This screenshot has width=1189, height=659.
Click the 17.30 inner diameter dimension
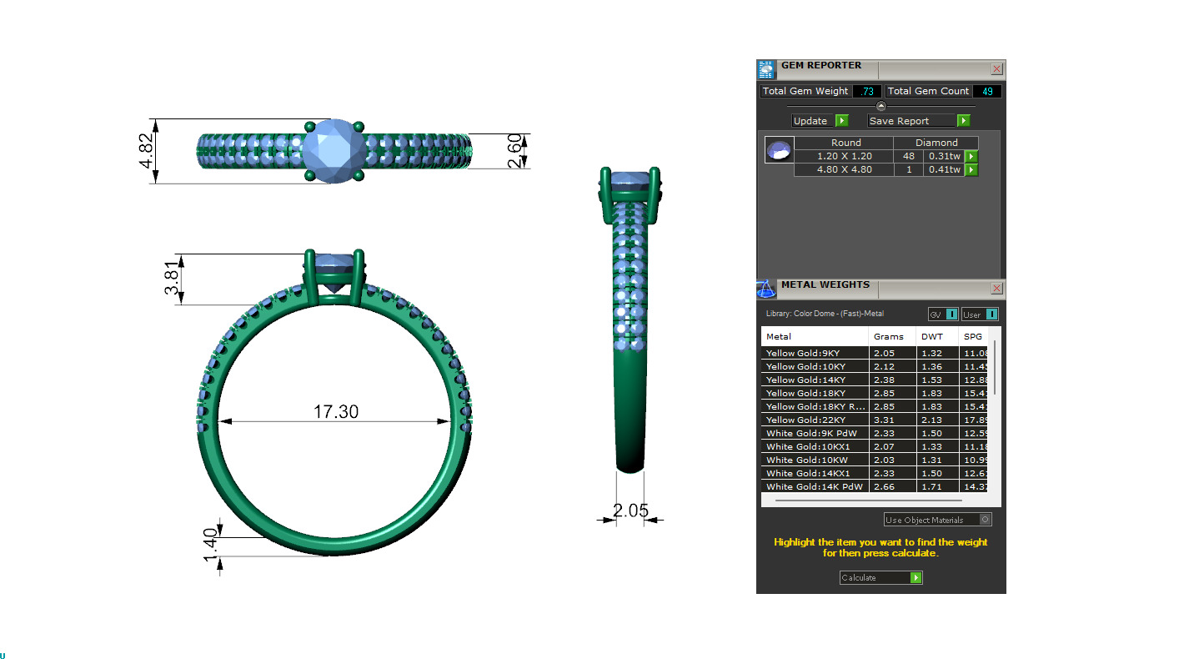pyautogui.click(x=336, y=411)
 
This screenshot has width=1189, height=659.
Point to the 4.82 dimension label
pyautogui.click(x=147, y=151)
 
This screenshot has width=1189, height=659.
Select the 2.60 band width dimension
pyautogui.click(x=516, y=151)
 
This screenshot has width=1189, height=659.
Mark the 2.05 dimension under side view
pyautogui.click(x=630, y=510)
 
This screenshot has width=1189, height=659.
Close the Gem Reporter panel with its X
pyautogui.click(x=996, y=69)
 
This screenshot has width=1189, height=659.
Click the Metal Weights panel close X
pyautogui.click(x=996, y=289)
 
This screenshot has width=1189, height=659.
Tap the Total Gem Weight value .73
pyautogui.click(x=866, y=91)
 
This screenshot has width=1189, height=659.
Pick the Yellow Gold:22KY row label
pyautogui.click(x=805, y=420)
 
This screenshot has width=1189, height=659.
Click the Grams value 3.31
pyautogui.click(x=884, y=420)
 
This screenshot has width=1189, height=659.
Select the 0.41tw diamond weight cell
pyautogui.click(x=944, y=169)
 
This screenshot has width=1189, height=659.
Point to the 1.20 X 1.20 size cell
pyautogui.click(x=844, y=156)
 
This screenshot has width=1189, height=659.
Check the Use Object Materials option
pyautogui.click(x=985, y=520)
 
